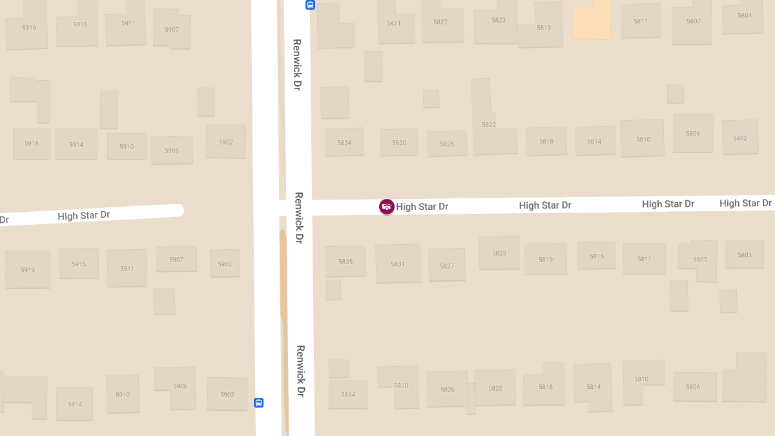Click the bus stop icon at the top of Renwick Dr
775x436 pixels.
click(310, 5)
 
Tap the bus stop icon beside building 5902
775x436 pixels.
click(258, 402)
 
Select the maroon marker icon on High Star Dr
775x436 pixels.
click(386, 207)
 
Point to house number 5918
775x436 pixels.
click(32, 143)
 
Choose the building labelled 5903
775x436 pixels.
click(224, 264)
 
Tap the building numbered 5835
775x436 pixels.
click(346, 262)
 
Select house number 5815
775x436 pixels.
click(596, 256)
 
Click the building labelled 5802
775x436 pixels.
click(740, 138)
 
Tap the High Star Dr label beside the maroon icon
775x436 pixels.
click(422, 207)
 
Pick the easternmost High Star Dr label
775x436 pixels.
click(745, 203)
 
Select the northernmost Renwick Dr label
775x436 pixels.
click(297, 65)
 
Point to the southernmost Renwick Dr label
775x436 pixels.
click(300, 371)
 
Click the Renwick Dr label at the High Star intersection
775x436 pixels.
click(298, 218)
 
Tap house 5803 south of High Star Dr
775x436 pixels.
click(745, 254)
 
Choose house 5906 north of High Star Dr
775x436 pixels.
click(172, 150)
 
